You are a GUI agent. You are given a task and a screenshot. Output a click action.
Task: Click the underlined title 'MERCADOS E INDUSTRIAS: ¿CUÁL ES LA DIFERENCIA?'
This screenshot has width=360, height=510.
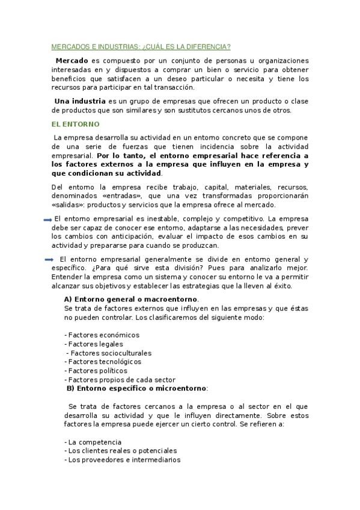142,46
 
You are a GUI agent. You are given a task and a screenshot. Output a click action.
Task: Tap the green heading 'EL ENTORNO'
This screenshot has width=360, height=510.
75,124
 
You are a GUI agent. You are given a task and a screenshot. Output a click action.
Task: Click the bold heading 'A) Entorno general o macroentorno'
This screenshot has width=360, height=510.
131,300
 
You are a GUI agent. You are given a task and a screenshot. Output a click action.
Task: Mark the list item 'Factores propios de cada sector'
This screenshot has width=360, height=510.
120,380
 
